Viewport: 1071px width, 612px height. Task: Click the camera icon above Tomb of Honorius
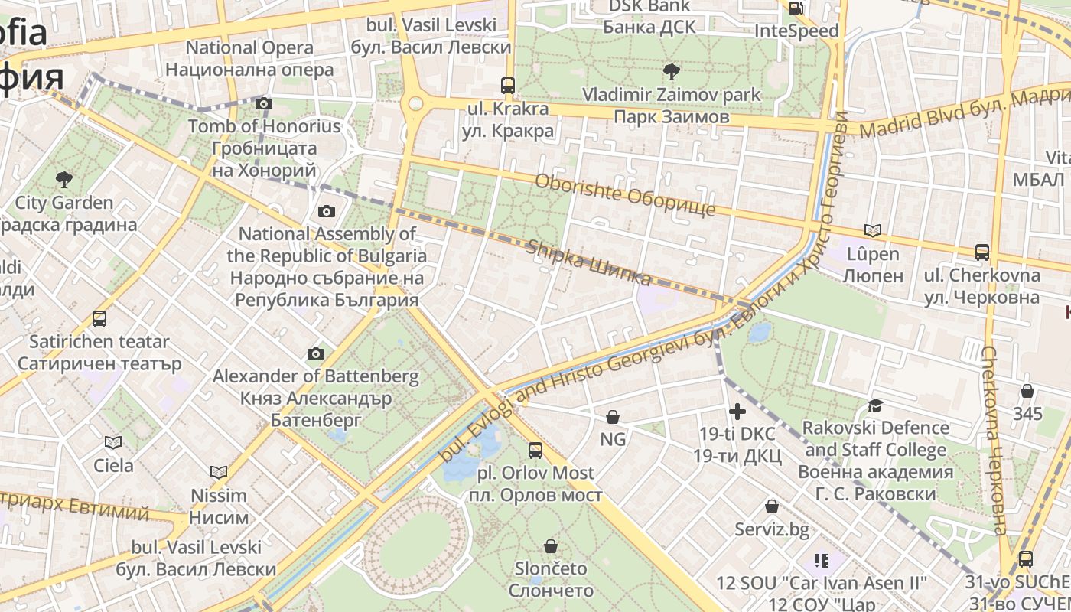(264, 103)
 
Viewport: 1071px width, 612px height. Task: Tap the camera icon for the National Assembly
(327, 211)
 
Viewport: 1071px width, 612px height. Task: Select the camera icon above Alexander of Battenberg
(316, 353)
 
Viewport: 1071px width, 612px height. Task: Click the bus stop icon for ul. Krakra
(508, 85)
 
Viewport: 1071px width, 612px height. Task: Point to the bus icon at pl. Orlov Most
(535, 451)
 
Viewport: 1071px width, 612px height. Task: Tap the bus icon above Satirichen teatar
(99, 318)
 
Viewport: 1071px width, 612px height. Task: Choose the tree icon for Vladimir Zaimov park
(672, 72)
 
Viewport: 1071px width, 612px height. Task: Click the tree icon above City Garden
(64, 180)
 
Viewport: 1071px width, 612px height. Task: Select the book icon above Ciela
(113, 442)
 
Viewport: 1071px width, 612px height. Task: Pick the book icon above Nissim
(219, 472)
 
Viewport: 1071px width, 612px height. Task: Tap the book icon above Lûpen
(872, 230)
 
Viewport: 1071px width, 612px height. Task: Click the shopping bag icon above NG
(613, 417)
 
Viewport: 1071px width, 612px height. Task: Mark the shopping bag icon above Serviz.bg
(772, 506)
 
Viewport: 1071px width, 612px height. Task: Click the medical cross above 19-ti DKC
(737, 412)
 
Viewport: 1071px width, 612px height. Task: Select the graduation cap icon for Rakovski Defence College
(875, 405)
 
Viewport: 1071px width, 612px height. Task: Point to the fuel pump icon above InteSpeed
(796, 8)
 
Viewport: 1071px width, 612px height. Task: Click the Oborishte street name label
(624, 195)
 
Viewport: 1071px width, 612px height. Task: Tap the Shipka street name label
(589, 262)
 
